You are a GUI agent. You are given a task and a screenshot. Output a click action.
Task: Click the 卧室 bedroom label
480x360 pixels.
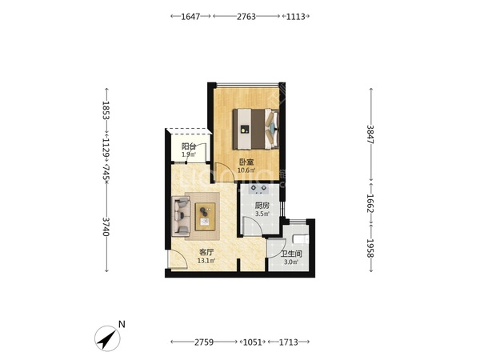pyautogui.click(x=246, y=162)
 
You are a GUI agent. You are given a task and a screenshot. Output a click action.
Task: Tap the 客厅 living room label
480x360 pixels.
pyautogui.click(x=206, y=252)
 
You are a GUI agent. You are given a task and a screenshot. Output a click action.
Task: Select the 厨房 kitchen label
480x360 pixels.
pyautogui.click(x=262, y=206)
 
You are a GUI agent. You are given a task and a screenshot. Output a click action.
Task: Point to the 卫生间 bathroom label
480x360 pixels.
pyautogui.click(x=291, y=254)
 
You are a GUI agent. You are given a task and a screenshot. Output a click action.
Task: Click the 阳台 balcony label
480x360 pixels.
pyautogui.click(x=189, y=146)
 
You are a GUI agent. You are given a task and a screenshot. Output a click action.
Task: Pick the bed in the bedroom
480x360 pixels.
pyautogui.click(x=256, y=129)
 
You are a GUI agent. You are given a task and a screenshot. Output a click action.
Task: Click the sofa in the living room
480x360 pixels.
pyautogui.click(x=181, y=217)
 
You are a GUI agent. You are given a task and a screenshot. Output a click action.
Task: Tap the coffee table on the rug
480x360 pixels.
pyautogui.click(x=205, y=217)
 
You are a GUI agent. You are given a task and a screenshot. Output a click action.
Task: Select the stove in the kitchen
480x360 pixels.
pyautogui.click(x=258, y=189)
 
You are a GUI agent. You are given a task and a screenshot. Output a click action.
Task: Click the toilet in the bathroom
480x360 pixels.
pyautogui.click(x=300, y=238)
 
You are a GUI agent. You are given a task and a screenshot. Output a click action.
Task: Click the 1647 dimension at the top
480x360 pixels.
pyautogui.click(x=190, y=16)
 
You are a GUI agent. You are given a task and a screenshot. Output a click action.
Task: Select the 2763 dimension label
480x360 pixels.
pyautogui.click(x=246, y=16)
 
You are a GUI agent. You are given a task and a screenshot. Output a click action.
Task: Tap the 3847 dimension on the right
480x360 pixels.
pyautogui.click(x=370, y=134)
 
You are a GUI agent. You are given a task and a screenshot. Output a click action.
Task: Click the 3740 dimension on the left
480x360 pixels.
pyautogui.click(x=106, y=226)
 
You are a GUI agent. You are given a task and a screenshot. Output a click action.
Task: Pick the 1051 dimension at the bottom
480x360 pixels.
pyautogui.click(x=253, y=342)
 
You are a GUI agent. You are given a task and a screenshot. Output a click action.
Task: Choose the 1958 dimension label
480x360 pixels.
pyautogui.click(x=370, y=248)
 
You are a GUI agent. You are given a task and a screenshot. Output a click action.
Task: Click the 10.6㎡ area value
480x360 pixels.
pyautogui.click(x=246, y=170)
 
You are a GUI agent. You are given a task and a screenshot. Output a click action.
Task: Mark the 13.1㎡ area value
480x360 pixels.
pyautogui.click(x=206, y=261)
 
